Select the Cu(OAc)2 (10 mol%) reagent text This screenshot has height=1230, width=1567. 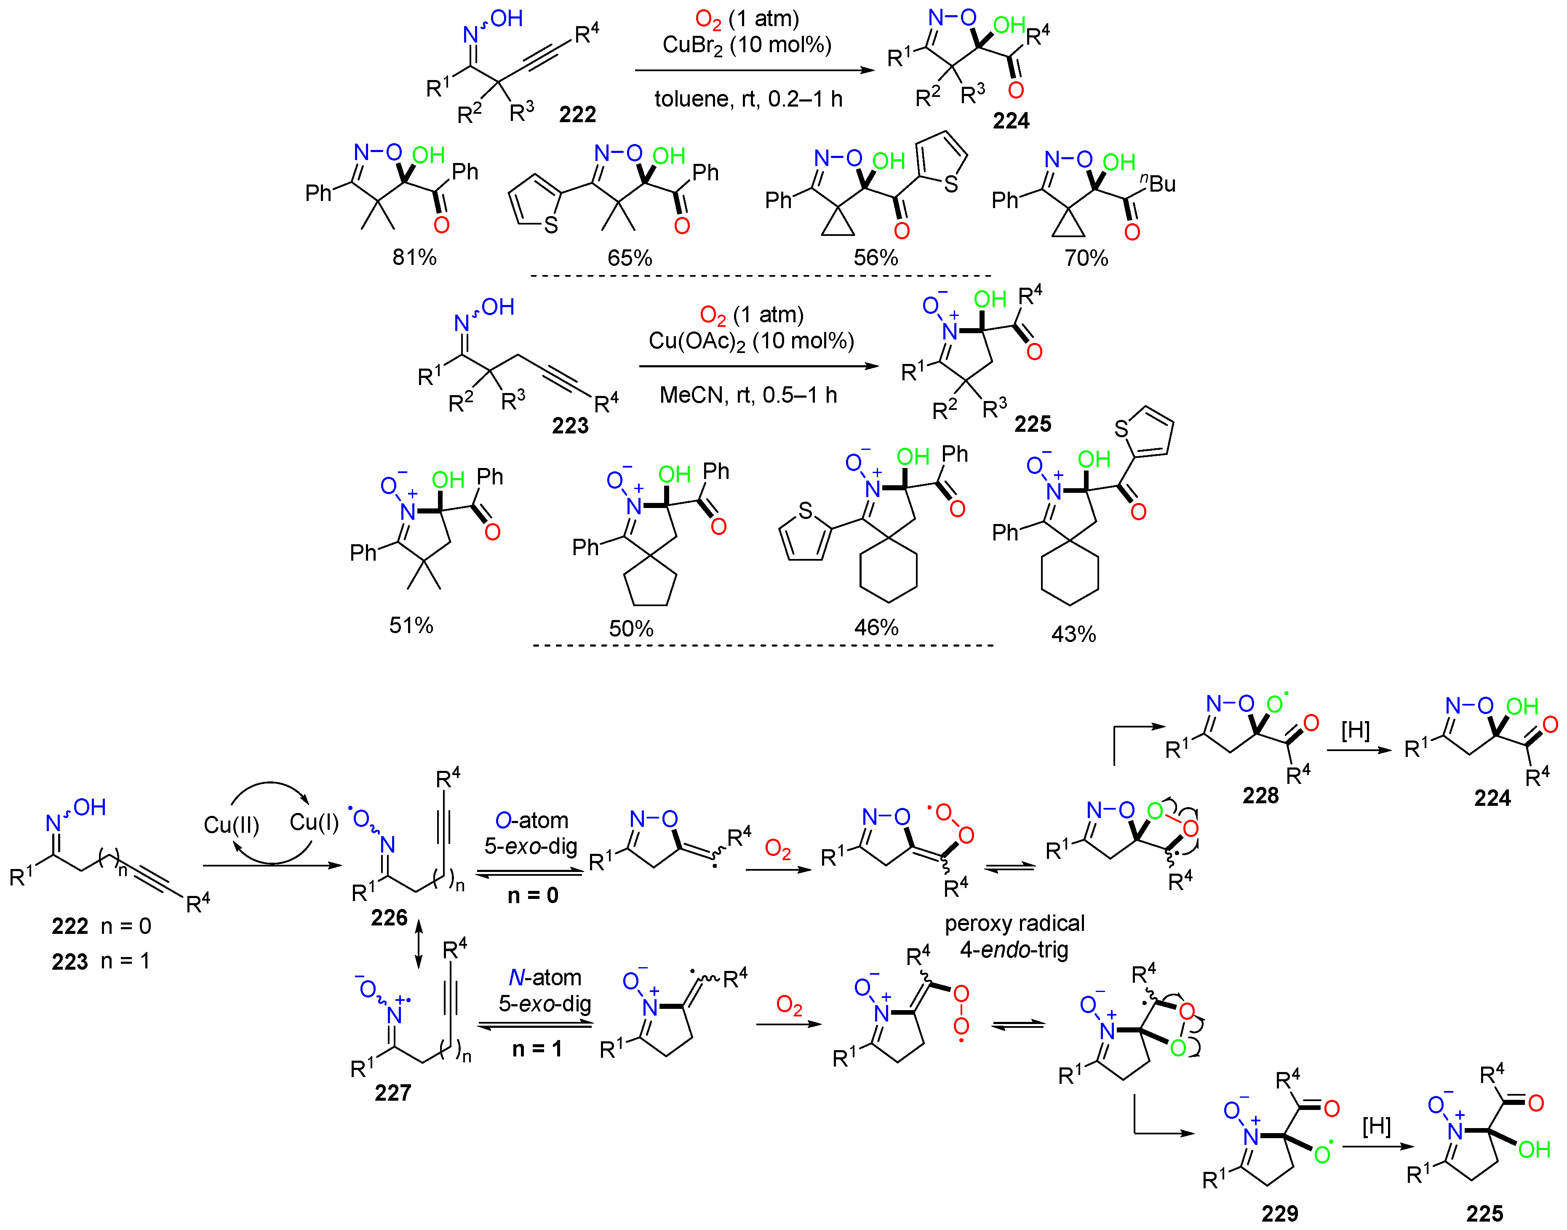751,341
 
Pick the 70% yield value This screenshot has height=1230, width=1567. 1086,258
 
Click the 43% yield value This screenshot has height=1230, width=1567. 1073,634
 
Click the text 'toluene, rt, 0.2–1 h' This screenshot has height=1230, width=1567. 748,99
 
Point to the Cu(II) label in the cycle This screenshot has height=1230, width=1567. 231,824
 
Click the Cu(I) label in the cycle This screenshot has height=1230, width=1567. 314,822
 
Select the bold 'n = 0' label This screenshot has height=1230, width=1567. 533,895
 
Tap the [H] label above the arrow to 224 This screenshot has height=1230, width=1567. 1355,730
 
